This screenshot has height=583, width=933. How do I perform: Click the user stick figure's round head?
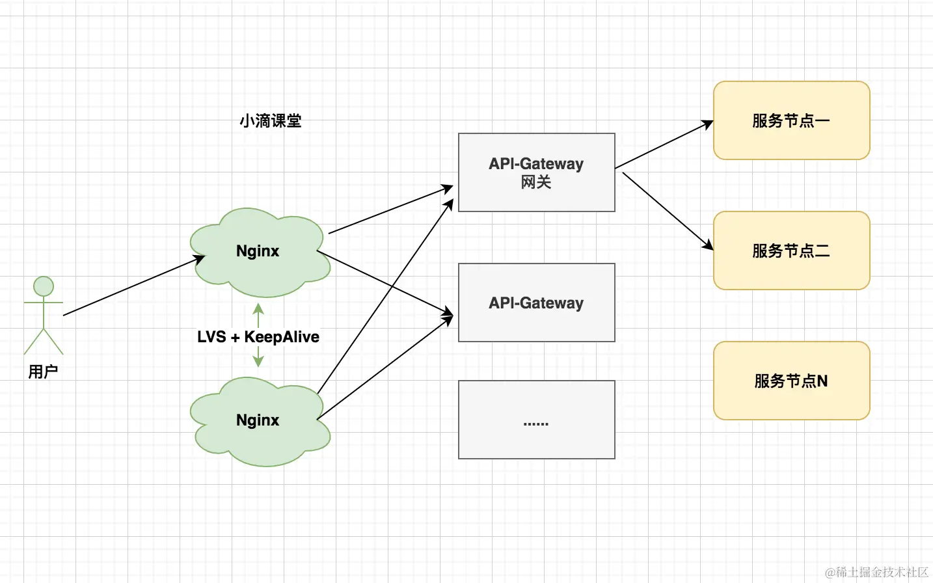(x=44, y=286)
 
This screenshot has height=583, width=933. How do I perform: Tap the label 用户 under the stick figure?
(x=44, y=372)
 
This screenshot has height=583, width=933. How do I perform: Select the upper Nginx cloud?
(x=258, y=252)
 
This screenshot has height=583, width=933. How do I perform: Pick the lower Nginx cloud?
(x=258, y=421)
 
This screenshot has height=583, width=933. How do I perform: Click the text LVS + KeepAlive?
(x=258, y=337)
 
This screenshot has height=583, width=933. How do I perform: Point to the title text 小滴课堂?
(x=271, y=121)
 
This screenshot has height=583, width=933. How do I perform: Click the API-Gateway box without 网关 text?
(x=536, y=303)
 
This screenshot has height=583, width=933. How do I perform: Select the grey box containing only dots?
(x=536, y=420)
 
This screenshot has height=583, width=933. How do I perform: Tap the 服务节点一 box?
(x=791, y=120)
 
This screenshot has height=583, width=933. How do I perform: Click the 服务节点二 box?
(x=791, y=251)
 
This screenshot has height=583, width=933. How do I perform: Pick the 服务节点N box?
(x=791, y=381)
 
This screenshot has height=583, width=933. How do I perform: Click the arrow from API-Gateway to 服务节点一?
(x=664, y=144)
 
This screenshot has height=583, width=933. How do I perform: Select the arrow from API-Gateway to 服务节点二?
(x=667, y=210)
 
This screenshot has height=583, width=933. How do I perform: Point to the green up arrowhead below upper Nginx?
(x=258, y=308)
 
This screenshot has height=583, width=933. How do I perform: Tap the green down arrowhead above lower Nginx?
(x=258, y=361)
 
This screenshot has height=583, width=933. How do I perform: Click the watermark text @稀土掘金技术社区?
(x=876, y=572)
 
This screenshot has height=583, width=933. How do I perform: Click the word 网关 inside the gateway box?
(x=536, y=183)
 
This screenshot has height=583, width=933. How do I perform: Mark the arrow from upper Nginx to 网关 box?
(x=390, y=210)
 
